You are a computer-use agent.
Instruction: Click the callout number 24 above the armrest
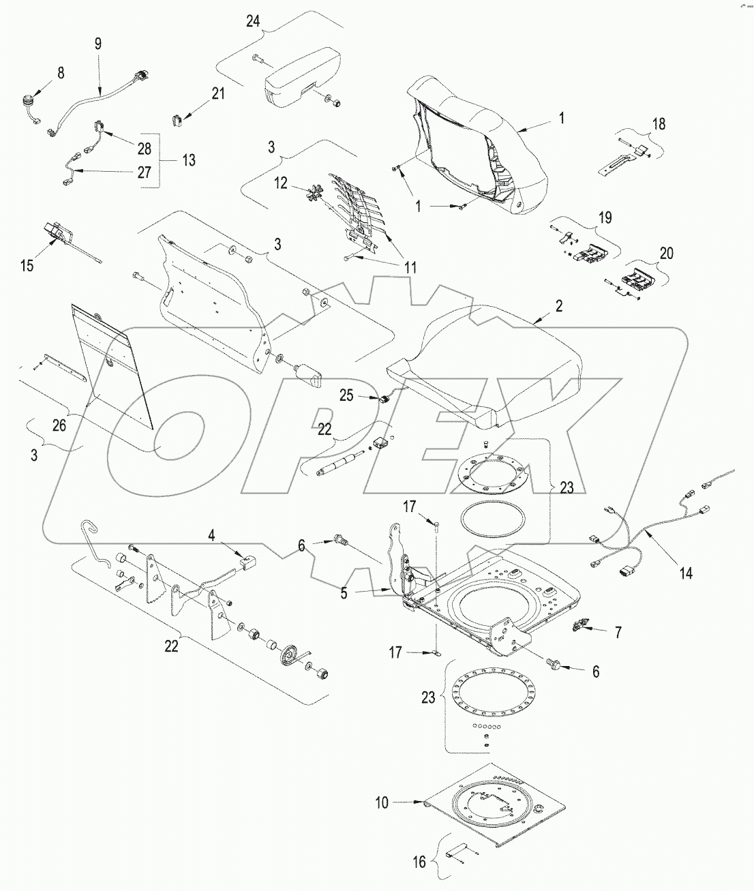point(253,22)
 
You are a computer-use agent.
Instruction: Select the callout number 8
point(61,73)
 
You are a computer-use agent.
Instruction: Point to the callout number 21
point(217,95)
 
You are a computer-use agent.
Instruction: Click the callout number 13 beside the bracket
point(189,160)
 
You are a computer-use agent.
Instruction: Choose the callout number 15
point(27,265)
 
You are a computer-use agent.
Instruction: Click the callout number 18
point(659,124)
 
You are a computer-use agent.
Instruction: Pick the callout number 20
point(666,254)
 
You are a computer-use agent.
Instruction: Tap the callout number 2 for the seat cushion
point(558,306)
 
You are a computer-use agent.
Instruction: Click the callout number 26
point(59,425)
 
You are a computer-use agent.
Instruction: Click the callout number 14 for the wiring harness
point(685,573)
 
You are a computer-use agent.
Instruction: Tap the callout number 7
point(618,633)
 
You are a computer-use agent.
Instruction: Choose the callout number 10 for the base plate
point(381,803)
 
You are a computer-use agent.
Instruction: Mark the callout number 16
point(419,862)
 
